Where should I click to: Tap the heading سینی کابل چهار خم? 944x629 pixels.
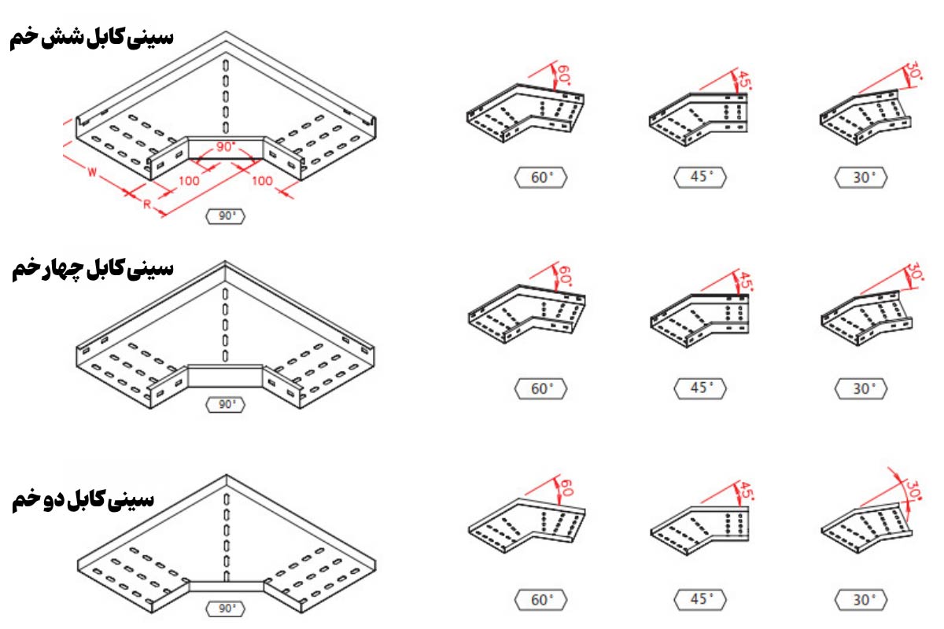click(92, 270)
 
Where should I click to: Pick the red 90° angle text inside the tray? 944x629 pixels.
click(227, 147)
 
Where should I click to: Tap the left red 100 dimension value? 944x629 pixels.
click(190, 181)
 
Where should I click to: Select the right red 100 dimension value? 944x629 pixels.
click(263, 181)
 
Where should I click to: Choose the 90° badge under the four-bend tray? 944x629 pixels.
click(227, 405)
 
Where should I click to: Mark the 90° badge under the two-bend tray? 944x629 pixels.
click(227, 609)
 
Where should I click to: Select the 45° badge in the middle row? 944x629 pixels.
click(700, 388)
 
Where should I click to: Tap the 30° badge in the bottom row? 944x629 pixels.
click(862, 600)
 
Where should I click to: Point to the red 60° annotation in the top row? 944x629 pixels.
click(562, 75)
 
